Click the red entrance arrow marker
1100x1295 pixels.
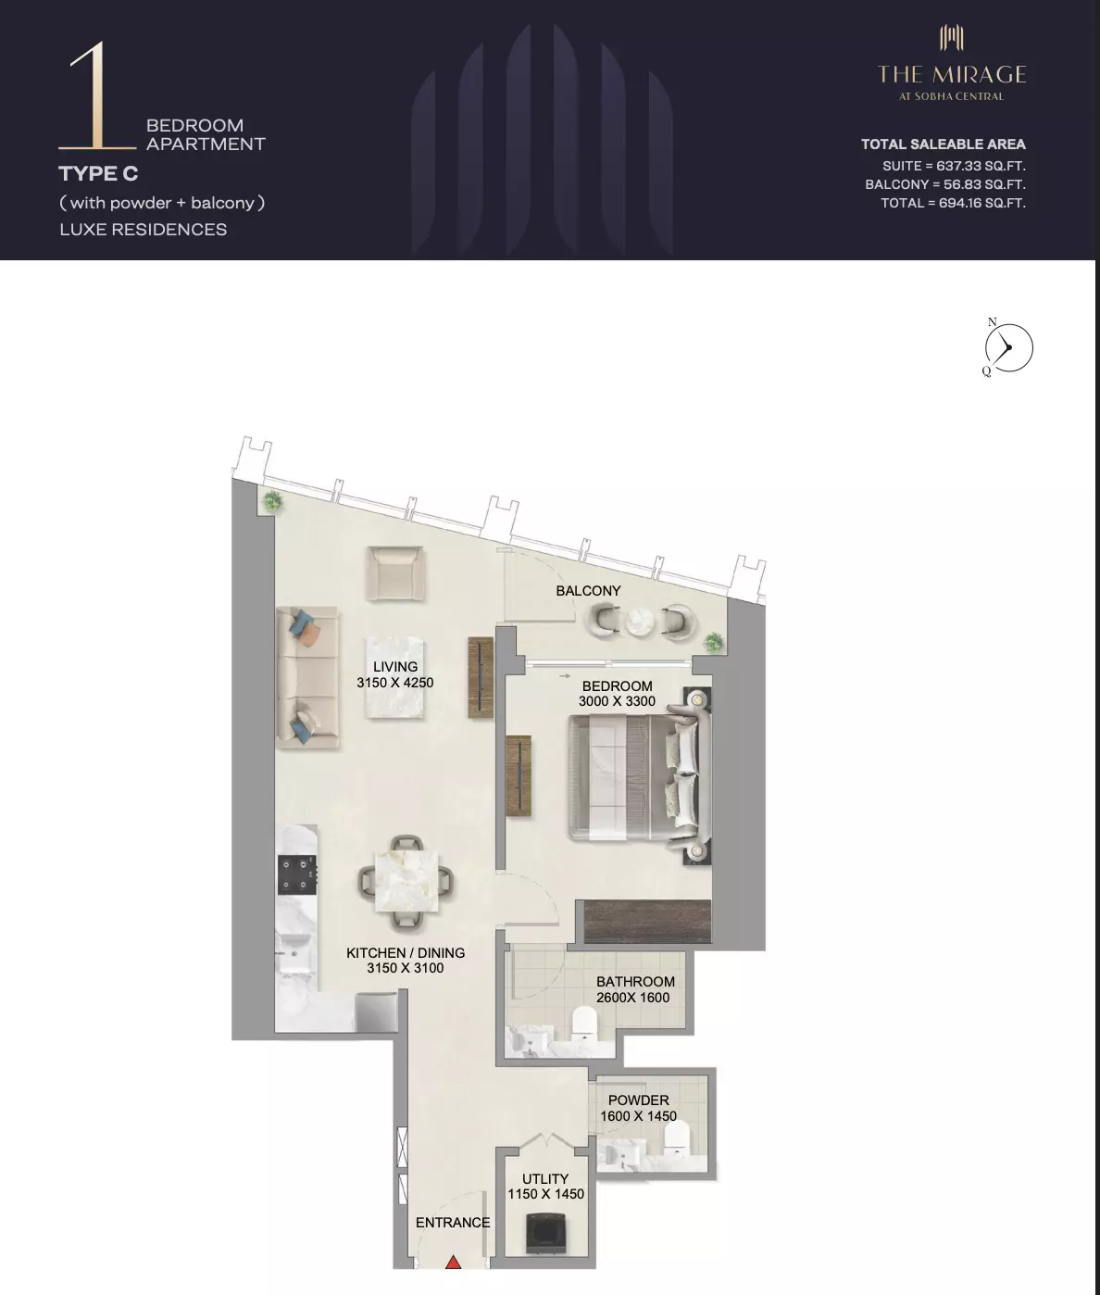point(453,1262)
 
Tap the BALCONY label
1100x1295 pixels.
point(588,591)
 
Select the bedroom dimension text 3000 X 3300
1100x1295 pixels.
point(617,701)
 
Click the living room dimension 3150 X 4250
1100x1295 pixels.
point(395,683)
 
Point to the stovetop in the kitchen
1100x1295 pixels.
point(297,874)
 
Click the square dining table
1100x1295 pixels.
point(406,882)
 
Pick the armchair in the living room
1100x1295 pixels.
point(395,573)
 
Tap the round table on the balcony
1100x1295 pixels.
point(640,622)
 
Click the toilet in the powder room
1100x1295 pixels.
point(677,1138)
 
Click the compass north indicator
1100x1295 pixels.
point(993,322)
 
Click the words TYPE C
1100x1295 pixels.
point(98,173)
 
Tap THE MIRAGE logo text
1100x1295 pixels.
point(952,75)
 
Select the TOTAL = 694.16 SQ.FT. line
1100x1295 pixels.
point(953,203)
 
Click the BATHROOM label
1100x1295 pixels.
point(635,982)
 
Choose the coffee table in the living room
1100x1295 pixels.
point(395,677)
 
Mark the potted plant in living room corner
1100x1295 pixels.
point(272,501)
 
